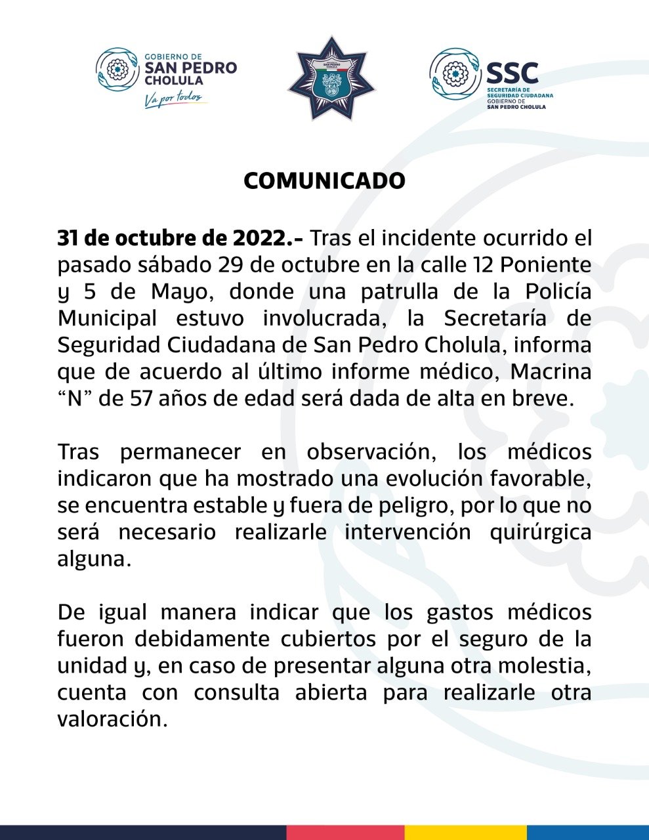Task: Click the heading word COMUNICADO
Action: tap(324, 181)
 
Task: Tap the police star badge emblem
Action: tap(331, 79)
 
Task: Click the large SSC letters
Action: tap(513, 72)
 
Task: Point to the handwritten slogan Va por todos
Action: tap(176, 99)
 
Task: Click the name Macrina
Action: tap(551, 371)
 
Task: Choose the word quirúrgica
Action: tap(540, 532)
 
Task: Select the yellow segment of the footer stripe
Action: tap(465, 832)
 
